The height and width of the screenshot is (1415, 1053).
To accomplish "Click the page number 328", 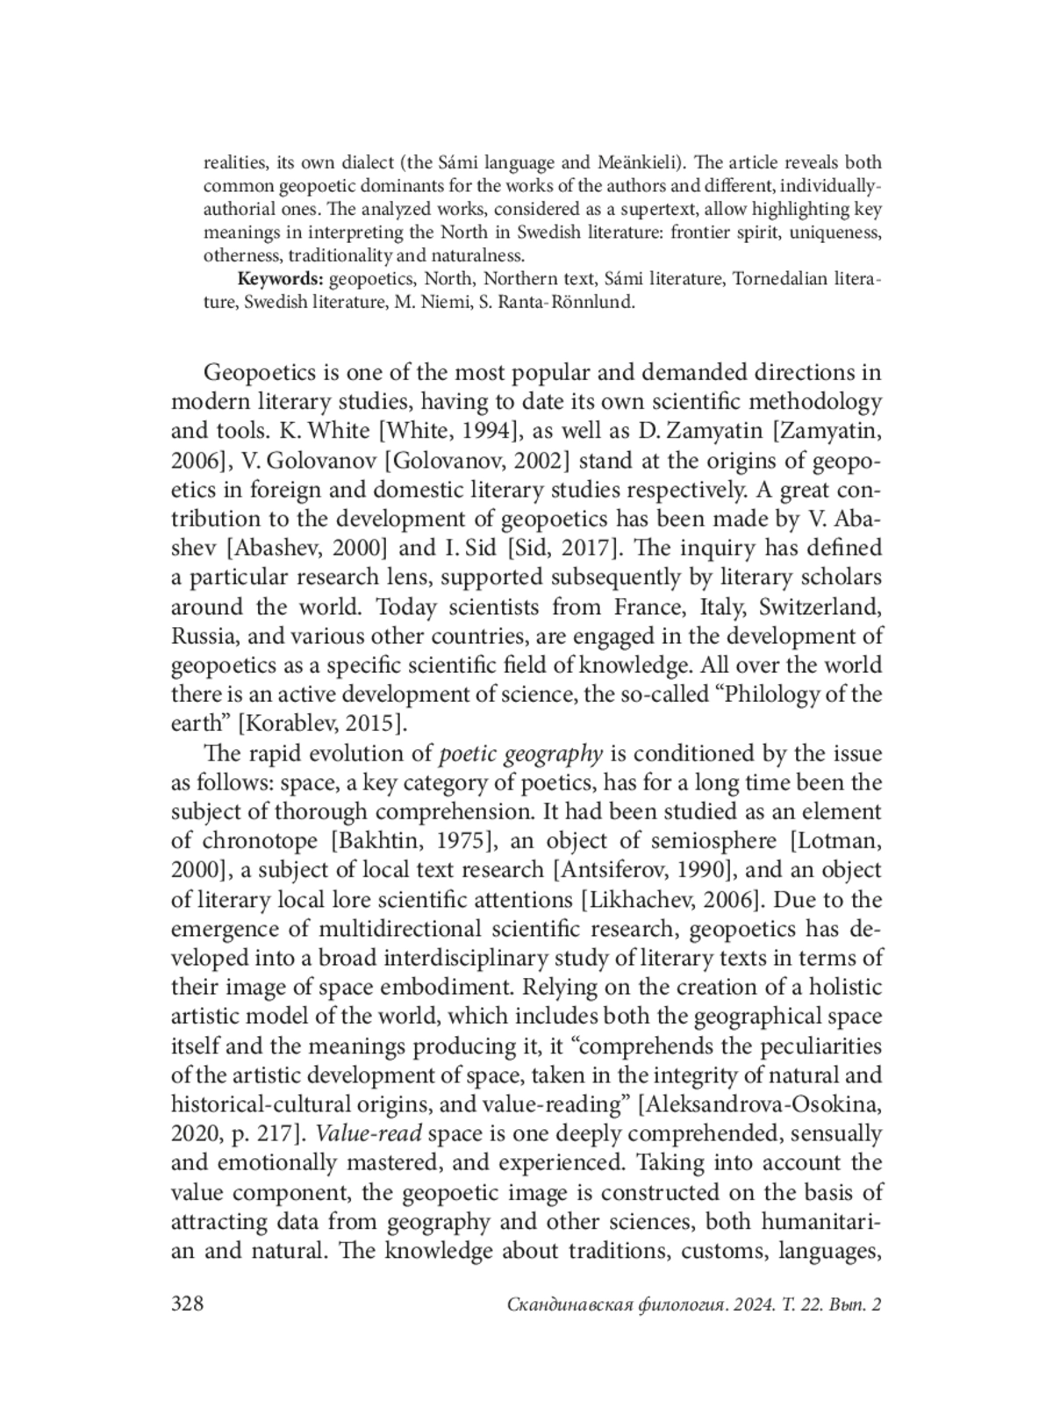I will coord(187,1304).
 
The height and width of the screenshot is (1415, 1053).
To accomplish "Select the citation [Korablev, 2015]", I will coord(324,724).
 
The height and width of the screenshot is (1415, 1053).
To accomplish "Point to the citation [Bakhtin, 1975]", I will coord(414,841).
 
